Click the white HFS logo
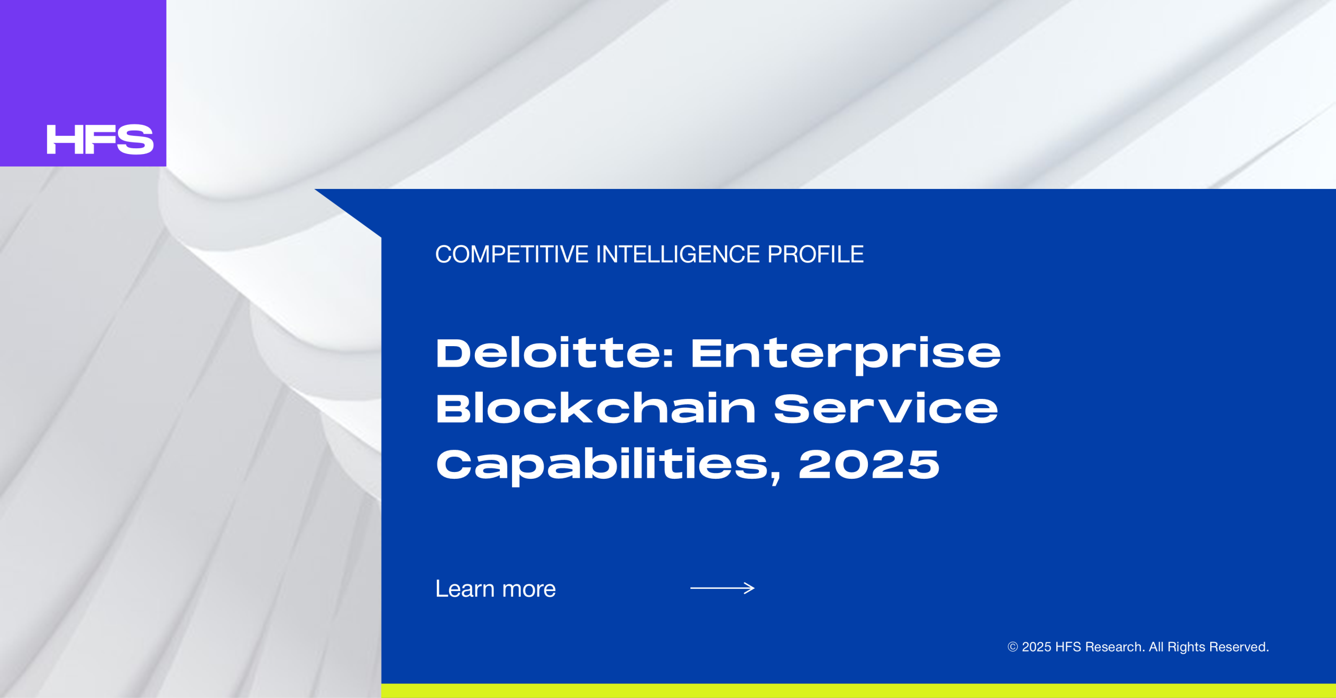pyautogui.click(x=100, y=139)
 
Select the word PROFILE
pyautogui.click(x=815, y=255)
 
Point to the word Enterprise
pyautogui.click(x=846, y=356)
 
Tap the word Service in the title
pyautogui.click(x=886, y=409)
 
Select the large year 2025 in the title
pyautogui.click(x=869, y=464)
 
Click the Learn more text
pyautogui.click(x=496, y=589)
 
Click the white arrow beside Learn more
pyautogui.click(x=722, y=588)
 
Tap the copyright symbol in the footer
pyautogui.click(x=1012, y=647)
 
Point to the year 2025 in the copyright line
pyautogui.click(x=1036, y=647)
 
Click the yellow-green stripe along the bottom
pyautogui.click(x=858, y=691)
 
